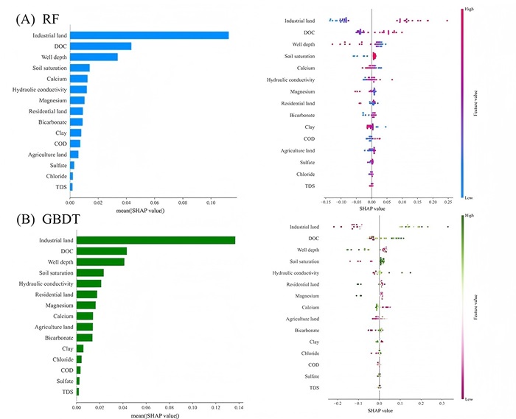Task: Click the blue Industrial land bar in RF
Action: [x=152, y=35]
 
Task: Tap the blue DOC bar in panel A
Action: [x=103, y=46]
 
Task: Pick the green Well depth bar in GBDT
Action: [x=100, y=261]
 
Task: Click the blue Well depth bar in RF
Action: [x=97, y=57]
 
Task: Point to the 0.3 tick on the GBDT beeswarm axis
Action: [x=442, y=404]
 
